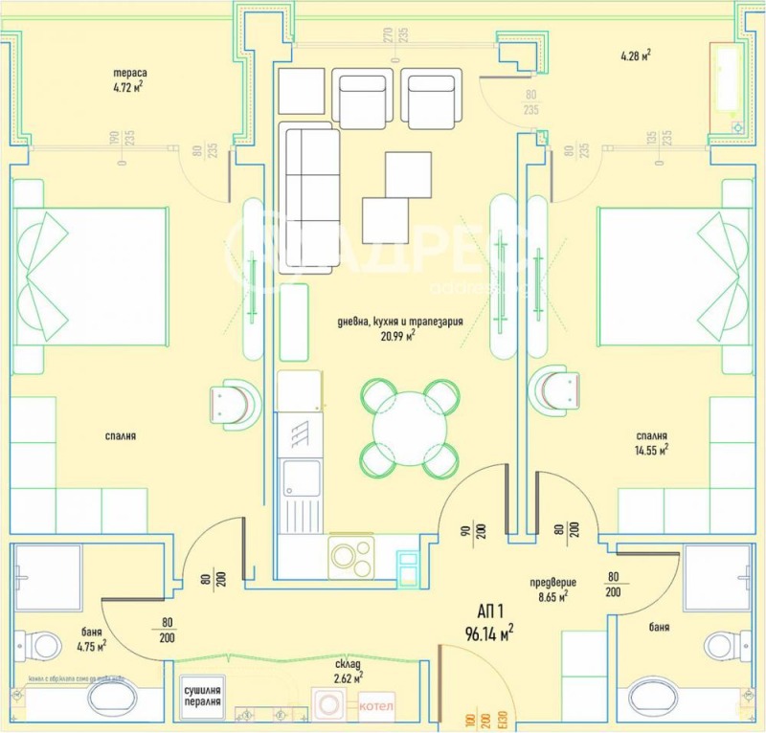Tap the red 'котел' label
click(376, 707)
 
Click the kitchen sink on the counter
click(301, 491)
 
